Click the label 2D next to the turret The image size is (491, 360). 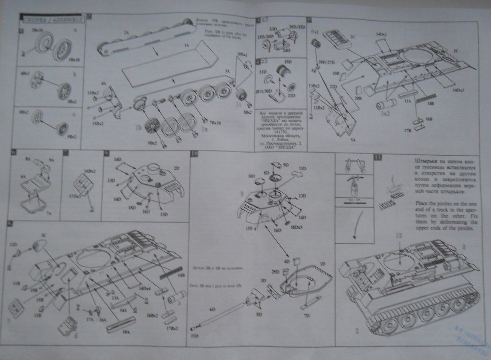[177, 168]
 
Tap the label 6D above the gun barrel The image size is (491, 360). [211, 310]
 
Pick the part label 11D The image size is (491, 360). [303, 169]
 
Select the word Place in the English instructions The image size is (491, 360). [422, 203]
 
